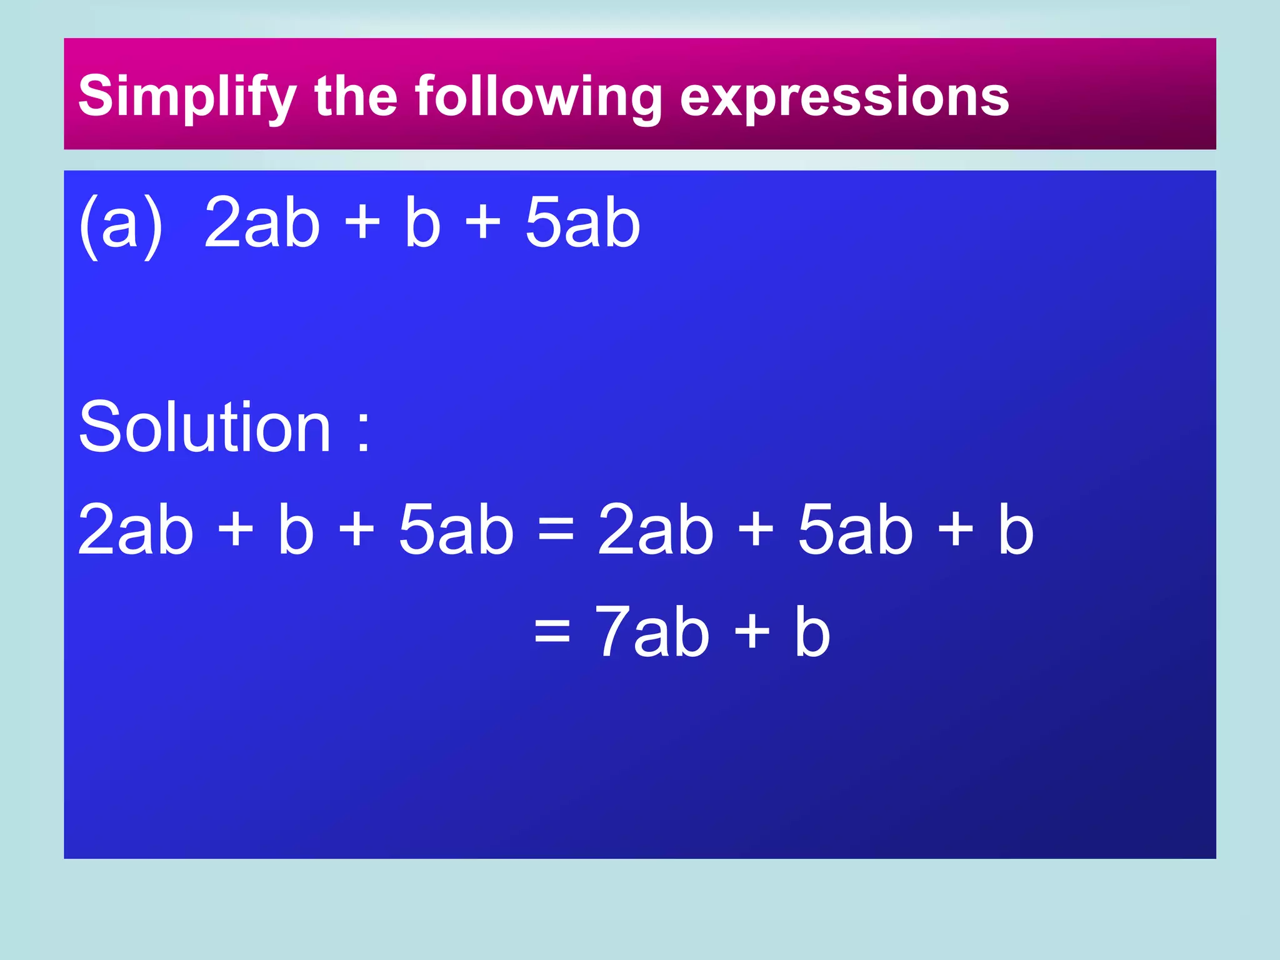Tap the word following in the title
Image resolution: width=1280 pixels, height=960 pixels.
coord(538,97)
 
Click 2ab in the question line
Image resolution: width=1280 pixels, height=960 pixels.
coord(262,222)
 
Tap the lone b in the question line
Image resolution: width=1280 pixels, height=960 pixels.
coord(422,222)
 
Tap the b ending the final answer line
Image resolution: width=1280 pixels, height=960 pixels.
coord(812,632)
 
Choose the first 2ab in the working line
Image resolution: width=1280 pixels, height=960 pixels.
coord(135,530)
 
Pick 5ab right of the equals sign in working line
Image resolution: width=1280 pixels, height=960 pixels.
coord(855,530)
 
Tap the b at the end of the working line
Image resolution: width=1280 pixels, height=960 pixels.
coord(1015,530)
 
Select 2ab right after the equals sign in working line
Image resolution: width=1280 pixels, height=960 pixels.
coord(655,530)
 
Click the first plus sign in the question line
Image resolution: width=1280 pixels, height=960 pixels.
coord(362,222)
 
